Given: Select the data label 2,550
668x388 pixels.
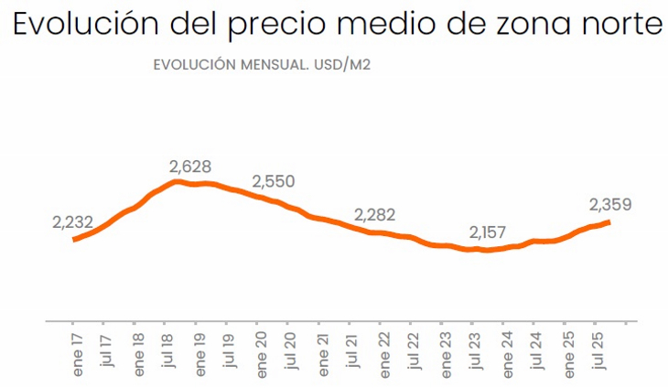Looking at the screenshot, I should click(x=273, y=181).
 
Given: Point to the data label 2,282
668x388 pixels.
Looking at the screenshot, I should click(x=375, y=216).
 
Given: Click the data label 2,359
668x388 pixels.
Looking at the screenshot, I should click(x=610, y=204).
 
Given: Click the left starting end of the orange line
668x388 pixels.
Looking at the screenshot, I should click(x=74, y=240).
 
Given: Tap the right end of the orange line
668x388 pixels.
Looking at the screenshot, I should click(x=609, y=221).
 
